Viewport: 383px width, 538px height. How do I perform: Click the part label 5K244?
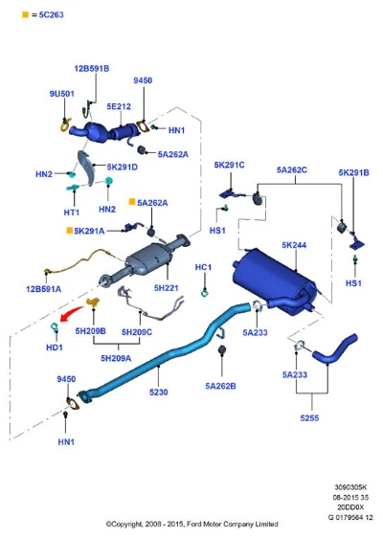coord(294,245)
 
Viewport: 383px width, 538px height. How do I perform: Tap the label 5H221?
coord(166,288)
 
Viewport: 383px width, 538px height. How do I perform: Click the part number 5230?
coord(159,392)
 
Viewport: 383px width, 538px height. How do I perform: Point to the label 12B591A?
coord(44,289)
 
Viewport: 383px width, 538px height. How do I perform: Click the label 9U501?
coord(62,94)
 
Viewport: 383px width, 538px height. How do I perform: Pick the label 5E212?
coord(119,106)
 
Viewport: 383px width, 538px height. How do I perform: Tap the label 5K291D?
coord(123,168)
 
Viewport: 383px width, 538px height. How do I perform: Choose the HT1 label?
coord(72,213)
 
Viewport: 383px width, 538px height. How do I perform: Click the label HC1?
coord(203,267)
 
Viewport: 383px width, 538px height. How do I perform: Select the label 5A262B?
coord(220,386)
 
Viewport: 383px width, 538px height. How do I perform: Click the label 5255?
coord(309,418)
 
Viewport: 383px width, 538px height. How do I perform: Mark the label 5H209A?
coord(116,358)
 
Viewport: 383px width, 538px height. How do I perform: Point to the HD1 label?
coord(55,347)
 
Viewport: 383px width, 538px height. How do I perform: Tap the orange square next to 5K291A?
coord(69,230)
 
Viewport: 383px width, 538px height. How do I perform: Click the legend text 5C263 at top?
coord(51,14)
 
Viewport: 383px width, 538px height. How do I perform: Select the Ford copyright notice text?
coord(191,524)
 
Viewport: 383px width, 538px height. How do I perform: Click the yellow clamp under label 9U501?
coord(65,124)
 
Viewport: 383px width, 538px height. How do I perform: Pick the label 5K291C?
coord(229,165)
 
